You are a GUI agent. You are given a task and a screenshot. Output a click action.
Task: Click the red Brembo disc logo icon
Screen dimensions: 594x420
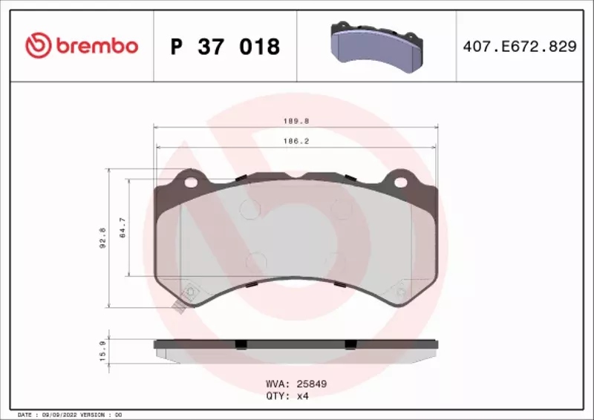[39, 45]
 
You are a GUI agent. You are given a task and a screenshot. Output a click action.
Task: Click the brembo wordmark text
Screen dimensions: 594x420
[97, 46]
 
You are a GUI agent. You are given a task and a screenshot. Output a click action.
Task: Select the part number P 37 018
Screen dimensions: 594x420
[225, 47]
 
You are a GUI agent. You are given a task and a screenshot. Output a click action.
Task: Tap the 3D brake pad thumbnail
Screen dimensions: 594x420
[377, 47]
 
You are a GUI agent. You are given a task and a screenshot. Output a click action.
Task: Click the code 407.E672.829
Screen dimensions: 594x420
[520, 46]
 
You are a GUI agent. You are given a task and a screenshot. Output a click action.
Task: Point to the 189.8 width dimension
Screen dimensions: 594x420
[296, 121]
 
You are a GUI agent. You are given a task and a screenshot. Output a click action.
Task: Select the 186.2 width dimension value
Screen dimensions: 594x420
[296, 141]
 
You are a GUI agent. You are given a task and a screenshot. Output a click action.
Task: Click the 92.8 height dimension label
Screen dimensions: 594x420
[102, 238]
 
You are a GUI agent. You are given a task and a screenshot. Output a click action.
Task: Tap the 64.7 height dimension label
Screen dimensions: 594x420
[123, 228]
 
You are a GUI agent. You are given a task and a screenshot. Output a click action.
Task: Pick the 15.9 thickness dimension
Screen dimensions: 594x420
[102, 350]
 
